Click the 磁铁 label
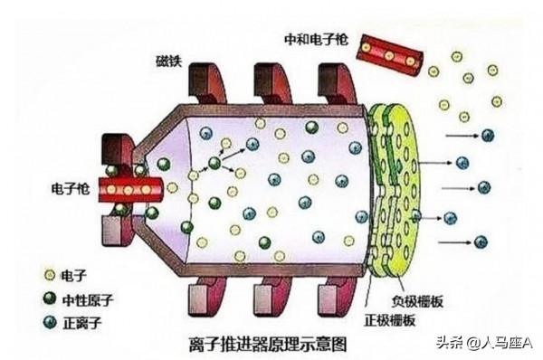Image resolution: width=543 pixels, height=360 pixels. pos(168,61)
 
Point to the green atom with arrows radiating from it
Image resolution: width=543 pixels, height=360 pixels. pos(214,164)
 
